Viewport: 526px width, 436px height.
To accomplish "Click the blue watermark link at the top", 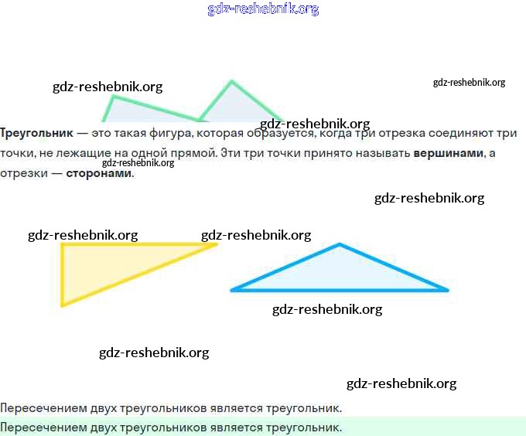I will [263, 9].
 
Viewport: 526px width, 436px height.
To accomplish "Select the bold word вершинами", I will [448, 153].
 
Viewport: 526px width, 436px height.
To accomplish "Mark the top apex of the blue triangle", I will [339, 245].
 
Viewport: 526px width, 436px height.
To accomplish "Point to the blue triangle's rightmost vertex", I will [447, 290].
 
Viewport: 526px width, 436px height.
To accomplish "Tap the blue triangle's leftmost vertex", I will [231, 290].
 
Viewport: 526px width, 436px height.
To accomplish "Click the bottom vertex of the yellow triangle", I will [63, 305].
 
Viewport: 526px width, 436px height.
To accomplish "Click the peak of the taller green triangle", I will [231, 81].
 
